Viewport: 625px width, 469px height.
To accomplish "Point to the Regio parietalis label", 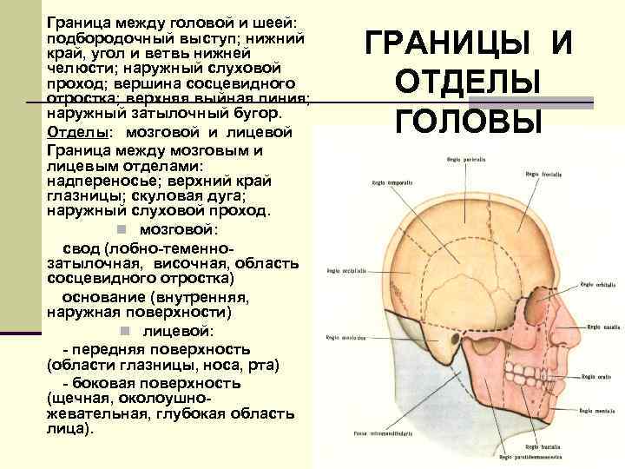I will click(464, 160).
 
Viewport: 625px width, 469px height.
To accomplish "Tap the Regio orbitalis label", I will click(598, 284).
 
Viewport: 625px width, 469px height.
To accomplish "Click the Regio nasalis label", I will click(602, 327).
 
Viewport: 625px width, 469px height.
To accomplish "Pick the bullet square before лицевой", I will click(125, 331).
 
